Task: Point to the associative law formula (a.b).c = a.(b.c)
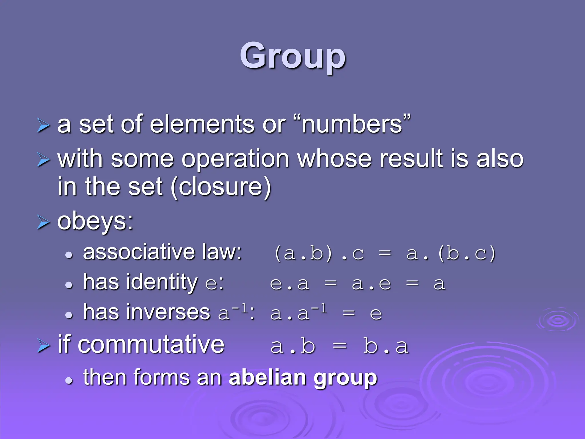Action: click(384, 254)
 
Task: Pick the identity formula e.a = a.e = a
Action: click(357, 284)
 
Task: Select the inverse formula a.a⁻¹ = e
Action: click(326, 313)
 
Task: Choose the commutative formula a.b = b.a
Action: click(339, 346)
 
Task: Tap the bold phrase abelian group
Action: click(303, 378)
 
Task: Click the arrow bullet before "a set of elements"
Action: click(43, 126)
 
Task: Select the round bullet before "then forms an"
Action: click(69, 380)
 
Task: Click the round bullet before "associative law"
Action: click(69, 255)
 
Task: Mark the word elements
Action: click(202, 125)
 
